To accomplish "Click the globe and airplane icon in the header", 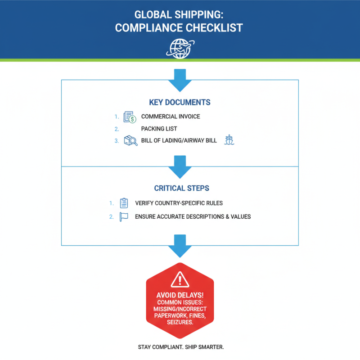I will coord(180,47).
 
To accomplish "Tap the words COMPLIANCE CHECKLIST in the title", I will coord(179,27).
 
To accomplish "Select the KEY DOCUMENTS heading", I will coord(180,102).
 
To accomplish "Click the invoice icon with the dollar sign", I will coord(130,117).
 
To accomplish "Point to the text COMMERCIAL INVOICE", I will coord(171,117).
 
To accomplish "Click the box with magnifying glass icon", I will coord(130,141).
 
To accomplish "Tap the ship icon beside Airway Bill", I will coord(229,140).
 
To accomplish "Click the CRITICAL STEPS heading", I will coord(180,188).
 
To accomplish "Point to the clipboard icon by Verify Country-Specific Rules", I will coord(124,203).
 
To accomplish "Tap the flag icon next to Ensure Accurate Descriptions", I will coord(124,216).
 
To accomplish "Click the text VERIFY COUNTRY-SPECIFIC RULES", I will coord(179,203).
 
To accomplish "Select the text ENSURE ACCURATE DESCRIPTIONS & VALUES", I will coord(193,217).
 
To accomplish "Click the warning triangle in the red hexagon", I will coord(180,279).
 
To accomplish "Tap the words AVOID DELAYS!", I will coord(180,295).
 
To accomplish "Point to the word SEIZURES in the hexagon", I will coord(180,323).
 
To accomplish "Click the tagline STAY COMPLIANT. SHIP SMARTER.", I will coord(180,347).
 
